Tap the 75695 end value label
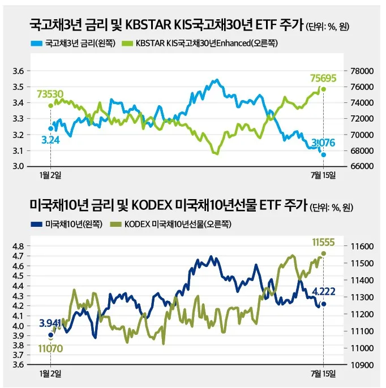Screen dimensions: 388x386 (x=323, y=77)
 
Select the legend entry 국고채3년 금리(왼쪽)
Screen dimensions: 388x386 (x=71, y=43)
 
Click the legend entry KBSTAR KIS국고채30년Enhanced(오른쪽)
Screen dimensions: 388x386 (x=201, y=43)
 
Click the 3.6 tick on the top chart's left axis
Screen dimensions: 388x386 (x=19, y=71)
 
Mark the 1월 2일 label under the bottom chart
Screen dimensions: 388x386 (x=51, y=374)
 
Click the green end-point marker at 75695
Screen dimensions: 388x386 (x=323, y=89)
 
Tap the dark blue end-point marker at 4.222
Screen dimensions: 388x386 (x=324, y=304)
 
